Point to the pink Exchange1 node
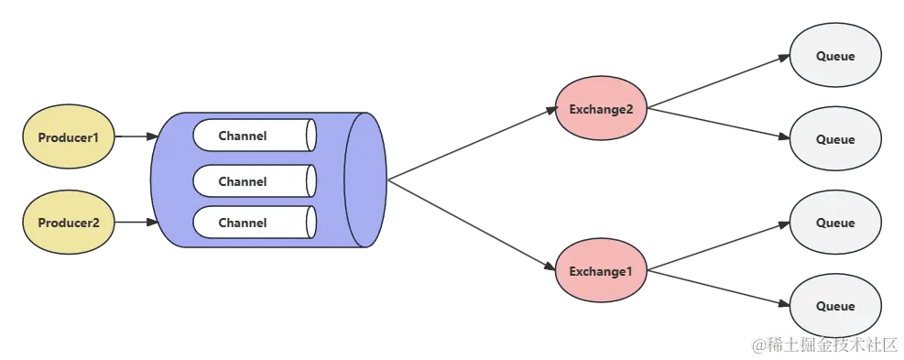coord(601,271)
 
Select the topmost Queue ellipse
coord(834,56)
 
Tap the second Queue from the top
coord(834,139)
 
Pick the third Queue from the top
coord(834,223)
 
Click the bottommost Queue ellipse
coord(834,306)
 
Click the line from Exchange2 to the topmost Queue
coord(719,81)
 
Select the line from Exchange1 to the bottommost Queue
coord(719,289)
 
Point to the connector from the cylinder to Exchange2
coord(472,142)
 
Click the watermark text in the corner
coord(822,344)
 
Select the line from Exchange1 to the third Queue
coord(719,247)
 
